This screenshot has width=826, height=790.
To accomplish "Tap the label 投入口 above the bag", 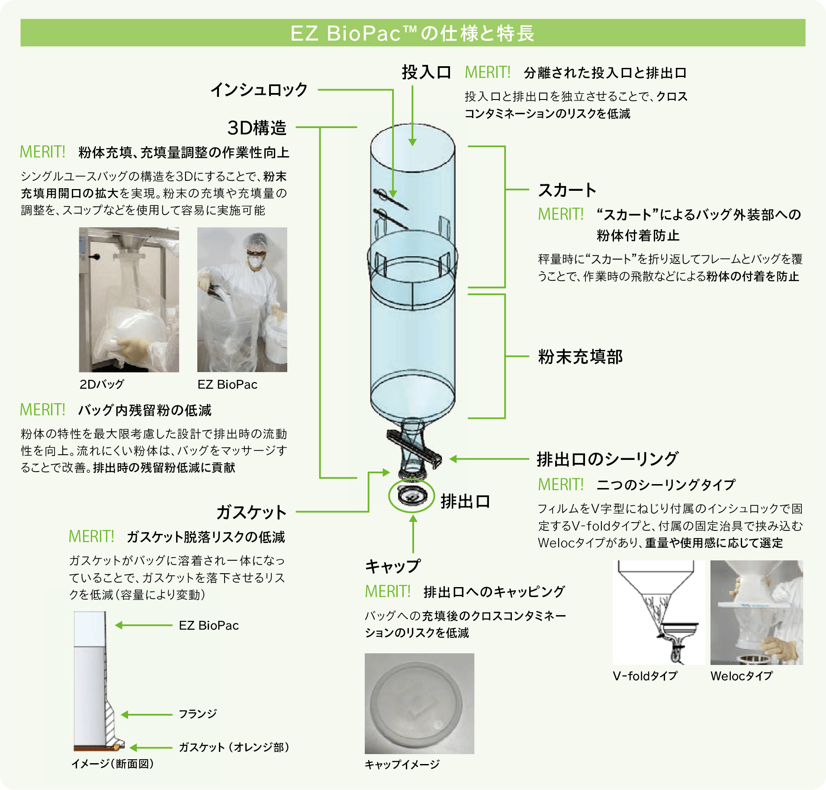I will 426,72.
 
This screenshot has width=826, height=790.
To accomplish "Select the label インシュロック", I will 259,90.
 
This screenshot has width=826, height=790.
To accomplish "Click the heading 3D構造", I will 257,128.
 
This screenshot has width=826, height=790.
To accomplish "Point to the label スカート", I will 567,190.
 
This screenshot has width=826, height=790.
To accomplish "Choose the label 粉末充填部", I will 580,356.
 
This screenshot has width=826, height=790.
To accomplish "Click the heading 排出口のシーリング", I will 607,459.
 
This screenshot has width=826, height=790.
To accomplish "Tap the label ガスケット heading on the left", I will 251,512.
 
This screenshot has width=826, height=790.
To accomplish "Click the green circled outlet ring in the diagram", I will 411,496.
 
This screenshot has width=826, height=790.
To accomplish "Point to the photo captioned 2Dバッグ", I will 129,299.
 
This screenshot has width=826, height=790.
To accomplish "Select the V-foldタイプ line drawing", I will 659,612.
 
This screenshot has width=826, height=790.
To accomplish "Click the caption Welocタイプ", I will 741,676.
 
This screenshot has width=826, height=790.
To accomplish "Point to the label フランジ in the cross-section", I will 198,714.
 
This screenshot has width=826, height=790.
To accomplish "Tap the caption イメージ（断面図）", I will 112,764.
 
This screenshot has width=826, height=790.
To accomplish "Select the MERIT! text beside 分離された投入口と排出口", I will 488,72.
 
